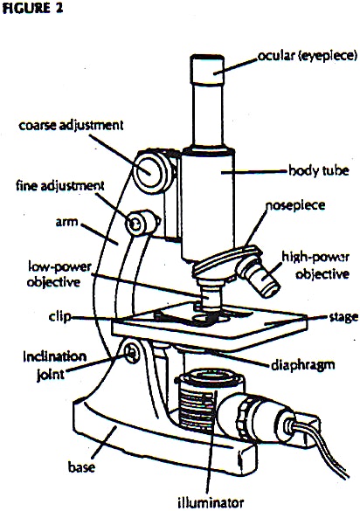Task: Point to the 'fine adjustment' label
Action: (x=59, y=185)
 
